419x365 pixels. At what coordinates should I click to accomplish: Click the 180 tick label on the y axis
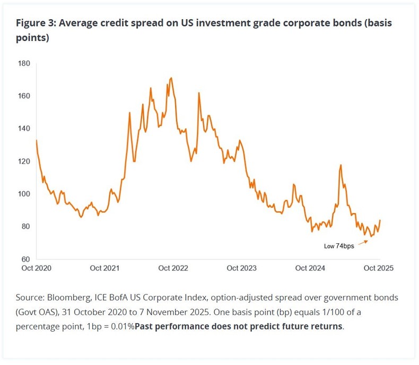[x=25, y=64]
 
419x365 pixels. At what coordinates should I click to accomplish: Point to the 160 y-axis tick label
[x=25, y=96]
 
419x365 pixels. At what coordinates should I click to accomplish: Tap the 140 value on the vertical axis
[x=25, y=129]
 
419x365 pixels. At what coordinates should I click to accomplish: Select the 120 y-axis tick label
[x=25, y=162]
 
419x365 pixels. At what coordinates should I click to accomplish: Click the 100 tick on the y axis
[x=25, y=194]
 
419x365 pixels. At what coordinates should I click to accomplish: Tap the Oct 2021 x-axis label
[x=104, y=268]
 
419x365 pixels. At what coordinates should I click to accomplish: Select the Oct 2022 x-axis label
[x=173, y=268]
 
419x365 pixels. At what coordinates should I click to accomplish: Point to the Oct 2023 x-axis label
[x=241, y=268]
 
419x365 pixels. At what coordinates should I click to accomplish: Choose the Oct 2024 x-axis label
[x=310, y=268]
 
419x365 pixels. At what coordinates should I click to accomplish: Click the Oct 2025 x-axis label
[x=378, y=268]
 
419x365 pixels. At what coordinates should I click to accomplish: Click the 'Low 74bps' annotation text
[x=339, y=247]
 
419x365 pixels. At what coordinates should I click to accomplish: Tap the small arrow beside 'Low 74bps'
[x=363, y=242]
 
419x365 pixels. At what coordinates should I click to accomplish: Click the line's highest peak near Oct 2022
[x=171, y=78]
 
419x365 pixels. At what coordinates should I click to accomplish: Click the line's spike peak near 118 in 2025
[x=341, y=165]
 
